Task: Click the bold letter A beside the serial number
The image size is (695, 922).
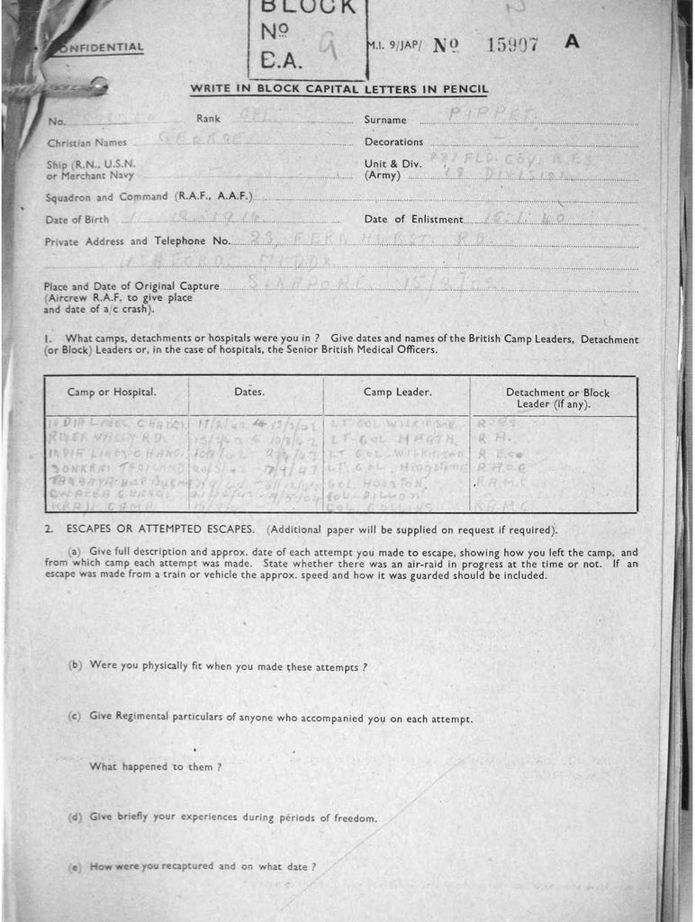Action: click(x=571, y=42)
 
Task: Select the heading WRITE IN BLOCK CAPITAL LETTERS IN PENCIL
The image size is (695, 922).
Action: click(x=338, y=89)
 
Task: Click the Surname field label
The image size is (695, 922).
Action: click(x=385, y=120)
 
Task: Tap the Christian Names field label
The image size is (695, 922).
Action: click(x=86, y=142)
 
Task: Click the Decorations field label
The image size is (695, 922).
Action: click(x=393, y=142)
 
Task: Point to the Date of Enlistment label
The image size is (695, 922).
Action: click(x=414, y=220)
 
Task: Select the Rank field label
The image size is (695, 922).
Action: click(x=208, y=119)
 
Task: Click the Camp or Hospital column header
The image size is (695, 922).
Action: click(x=112, y=393)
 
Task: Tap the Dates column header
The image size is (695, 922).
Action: click(x=249, y=393)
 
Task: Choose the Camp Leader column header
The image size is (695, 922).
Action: click(x=397, y=393)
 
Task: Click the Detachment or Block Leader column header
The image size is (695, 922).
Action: click(x=557, y=398)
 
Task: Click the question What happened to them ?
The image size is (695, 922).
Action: click(x=156, y=767)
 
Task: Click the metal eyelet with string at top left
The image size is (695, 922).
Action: click(x=98, y=86)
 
